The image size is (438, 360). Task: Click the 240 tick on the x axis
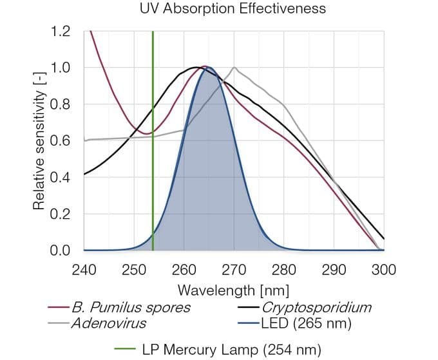pos(84,268)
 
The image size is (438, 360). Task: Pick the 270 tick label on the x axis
pos(234,268)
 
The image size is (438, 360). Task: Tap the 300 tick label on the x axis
pos(384,268)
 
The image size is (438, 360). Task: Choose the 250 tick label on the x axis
pos(134,268)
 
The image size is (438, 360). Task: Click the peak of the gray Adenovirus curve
pos(234,67)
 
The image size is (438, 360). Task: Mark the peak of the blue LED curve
pos(209,67)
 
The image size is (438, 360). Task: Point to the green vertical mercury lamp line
pos(153,161)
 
